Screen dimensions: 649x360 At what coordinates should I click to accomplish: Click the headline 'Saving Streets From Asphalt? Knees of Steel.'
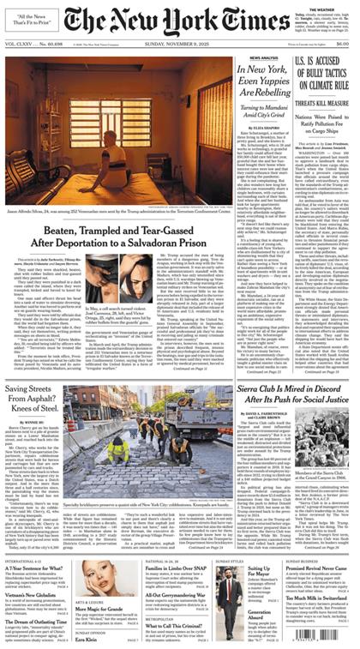40,376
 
